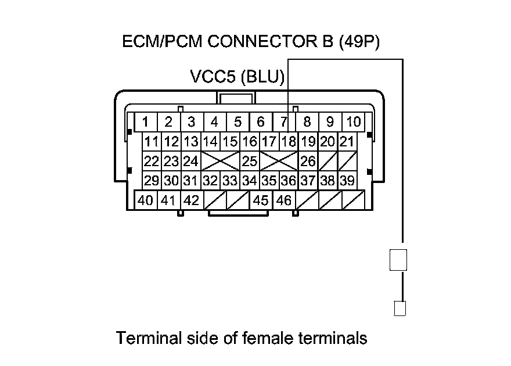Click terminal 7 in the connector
[x=283, y=122]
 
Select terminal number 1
[x=145, y=122]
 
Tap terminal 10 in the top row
[x=353, y=122]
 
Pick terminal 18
[x=289, y=141]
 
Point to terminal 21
[x=347, y=141]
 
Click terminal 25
[x=250, y=160]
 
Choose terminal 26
[x=308, y=160]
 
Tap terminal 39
[x=347, y=181]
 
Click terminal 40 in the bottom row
[x=145, y=200]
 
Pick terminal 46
[x=283, y=200]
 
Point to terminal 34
[x=250, y=181]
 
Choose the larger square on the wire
[x=398, y=259]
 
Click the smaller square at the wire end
[x=400, y=308]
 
